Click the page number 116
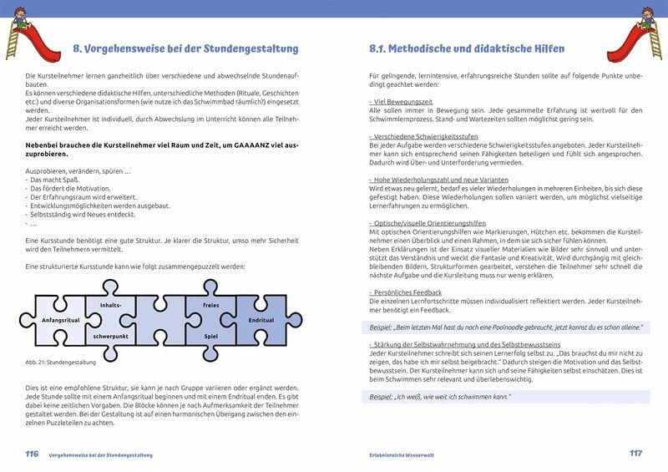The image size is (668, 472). click(31, 454)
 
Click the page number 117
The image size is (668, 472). click(636, 454)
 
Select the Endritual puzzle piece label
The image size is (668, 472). click(261, 320)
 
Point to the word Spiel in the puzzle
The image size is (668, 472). click(211, 335)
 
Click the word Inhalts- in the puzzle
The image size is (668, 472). click(111, 305)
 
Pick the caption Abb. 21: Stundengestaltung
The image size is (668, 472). click(61, 363)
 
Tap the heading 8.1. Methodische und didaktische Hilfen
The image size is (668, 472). click(467, 48)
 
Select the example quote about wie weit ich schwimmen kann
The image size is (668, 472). click(443, 397)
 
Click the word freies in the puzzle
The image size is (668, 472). click(211, 306)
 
